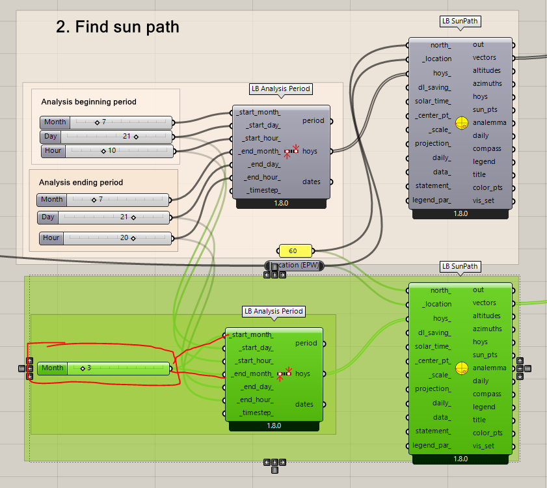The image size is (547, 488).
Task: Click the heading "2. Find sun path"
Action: (x=117, y=27)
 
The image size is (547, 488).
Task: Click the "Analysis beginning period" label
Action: (x=88, y=102)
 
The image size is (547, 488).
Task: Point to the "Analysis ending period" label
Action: (x=81, y=183)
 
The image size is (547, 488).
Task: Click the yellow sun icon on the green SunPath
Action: (x=461, y=368)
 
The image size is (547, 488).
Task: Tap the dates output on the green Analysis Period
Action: (x=304, y=404)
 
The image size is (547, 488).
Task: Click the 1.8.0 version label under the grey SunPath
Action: (x=460, y=213)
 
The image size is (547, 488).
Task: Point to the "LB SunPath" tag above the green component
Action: (x=460, y=266)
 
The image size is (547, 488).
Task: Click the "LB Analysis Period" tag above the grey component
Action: (x=280, y=88)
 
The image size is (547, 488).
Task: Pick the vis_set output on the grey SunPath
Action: (x=483, y=200)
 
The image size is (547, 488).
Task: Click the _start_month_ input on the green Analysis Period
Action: (x=252, y=335)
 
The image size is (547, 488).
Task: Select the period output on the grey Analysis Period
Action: (x=314, y=120)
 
